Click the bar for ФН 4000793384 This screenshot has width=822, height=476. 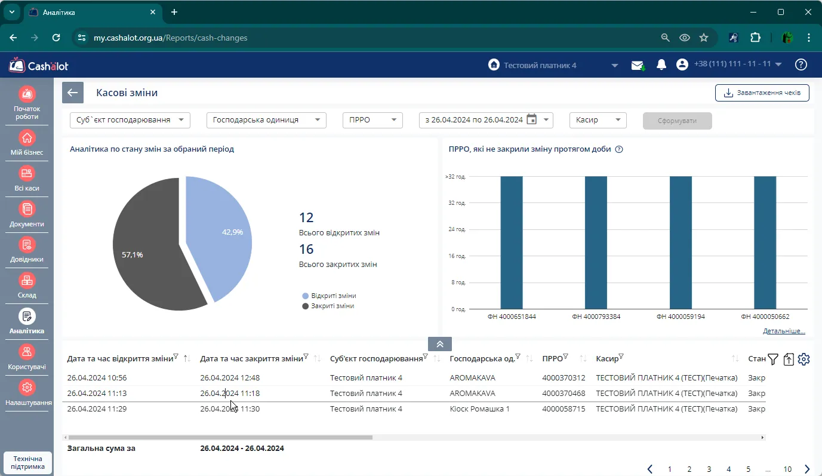(596, 242)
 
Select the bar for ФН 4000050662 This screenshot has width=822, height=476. (765, 242)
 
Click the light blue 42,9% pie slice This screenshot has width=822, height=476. (220, 235)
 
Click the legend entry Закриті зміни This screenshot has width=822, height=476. (328, 306)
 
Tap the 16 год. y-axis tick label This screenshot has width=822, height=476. (457, 256)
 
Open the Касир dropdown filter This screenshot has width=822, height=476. (598, 120)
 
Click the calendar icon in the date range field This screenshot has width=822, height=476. (531, 119)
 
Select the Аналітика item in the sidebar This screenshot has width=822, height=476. (27, 321)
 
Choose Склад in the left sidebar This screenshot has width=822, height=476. (27, 285)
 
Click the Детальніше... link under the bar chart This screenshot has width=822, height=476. (784, 331)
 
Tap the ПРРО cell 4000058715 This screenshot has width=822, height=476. (564, 409)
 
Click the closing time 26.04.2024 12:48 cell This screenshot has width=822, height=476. (230, 377)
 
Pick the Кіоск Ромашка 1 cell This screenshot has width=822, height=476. (479, 409)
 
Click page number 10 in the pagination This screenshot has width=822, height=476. (787, 469)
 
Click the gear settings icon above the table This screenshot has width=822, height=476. (803, 359)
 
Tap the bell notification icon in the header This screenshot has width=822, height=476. (661, 65)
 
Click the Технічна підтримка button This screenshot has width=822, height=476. (28, 462)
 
